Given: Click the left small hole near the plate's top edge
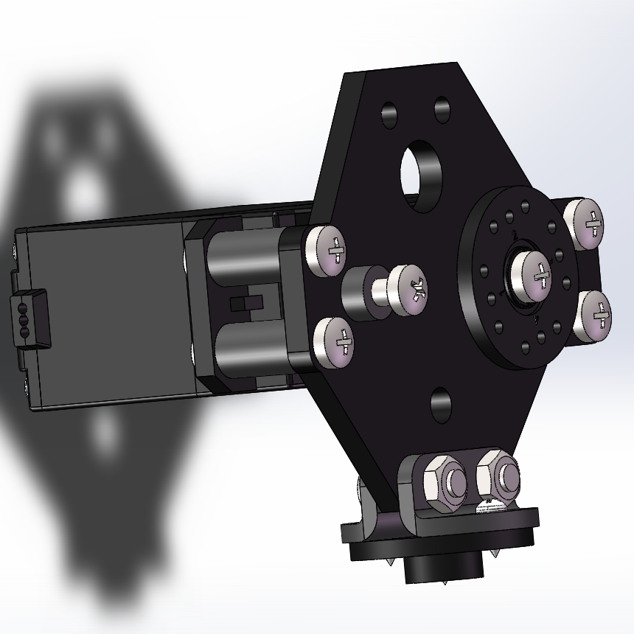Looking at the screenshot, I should (x=389, y=115).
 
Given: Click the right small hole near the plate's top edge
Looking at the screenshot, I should (x=442, y=110).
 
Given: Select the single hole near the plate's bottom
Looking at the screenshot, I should (x=440, y=403).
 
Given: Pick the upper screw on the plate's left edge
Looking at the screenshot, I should (x=327, y=250).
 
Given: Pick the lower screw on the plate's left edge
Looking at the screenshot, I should (x=334, y=343).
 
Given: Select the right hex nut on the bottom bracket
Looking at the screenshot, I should (x=499, y=475).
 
